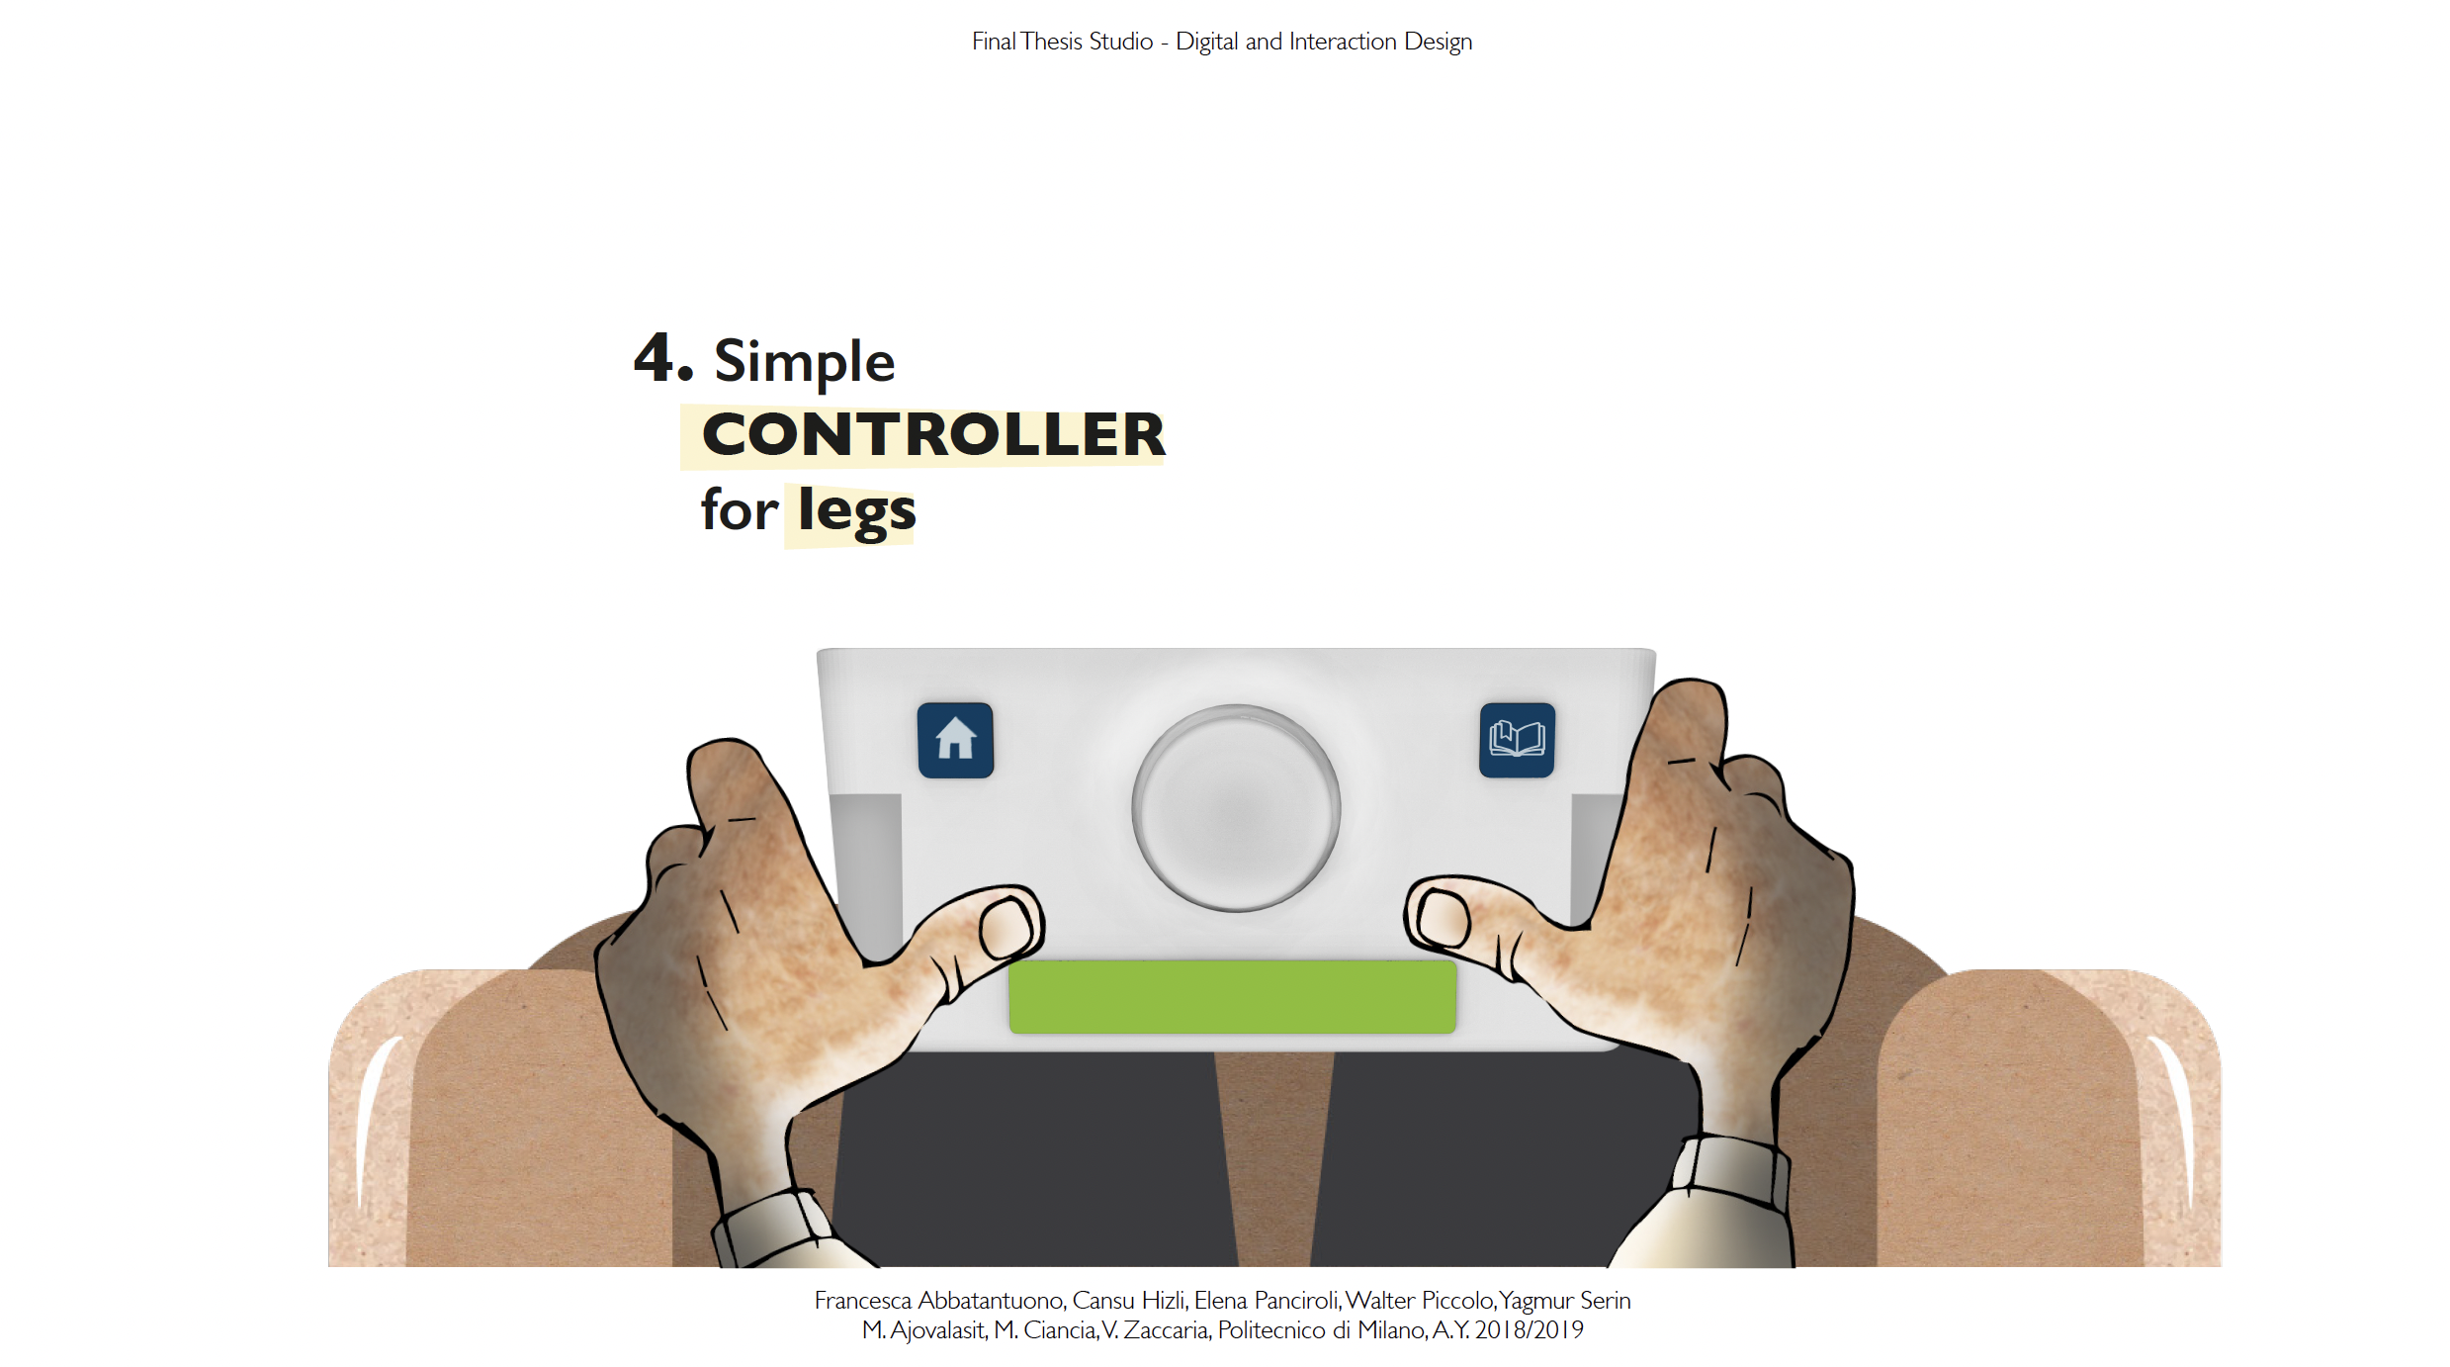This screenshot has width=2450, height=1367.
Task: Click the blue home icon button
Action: (955, 740)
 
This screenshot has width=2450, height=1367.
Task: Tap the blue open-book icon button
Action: (1517, 740)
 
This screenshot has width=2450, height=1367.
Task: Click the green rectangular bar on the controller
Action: (1232, 997)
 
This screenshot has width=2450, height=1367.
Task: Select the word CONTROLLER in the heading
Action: (933, 435)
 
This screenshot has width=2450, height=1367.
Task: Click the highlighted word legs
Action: (856, 512)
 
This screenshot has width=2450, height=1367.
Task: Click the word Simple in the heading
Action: (804, 361)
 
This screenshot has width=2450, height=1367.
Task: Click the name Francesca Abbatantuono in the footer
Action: (938, 1301)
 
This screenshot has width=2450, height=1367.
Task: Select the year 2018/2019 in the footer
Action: (1529, 1330)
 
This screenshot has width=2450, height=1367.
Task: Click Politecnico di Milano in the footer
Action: (1321, 1330)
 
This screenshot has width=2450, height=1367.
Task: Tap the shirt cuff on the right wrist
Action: (1732, 1172)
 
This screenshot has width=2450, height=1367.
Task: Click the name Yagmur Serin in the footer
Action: (1565, 1301)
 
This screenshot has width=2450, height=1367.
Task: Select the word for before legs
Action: (740, 512)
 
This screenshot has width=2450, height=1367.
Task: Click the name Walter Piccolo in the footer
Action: (1420, 1301)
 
